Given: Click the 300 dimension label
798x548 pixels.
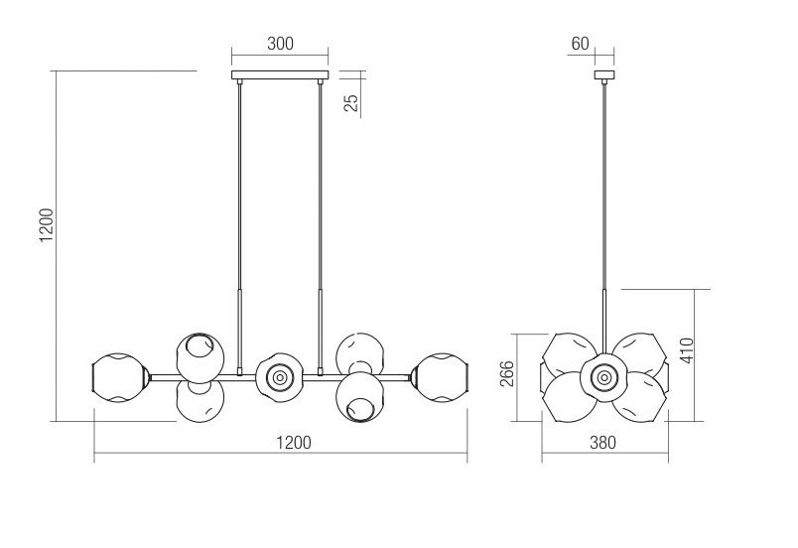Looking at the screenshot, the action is (x=280, y=44).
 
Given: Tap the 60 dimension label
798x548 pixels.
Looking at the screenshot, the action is (x=580, y=44).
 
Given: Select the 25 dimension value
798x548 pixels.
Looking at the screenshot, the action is (x=351, y=103).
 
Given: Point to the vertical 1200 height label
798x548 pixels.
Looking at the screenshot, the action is (x=47, y=225).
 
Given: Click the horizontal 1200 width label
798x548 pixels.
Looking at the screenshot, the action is (x=293, y=443).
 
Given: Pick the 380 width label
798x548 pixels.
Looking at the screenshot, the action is (x=602, y=443).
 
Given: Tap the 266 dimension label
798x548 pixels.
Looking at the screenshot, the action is (x=507, y=374).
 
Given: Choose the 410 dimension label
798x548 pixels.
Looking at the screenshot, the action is (x=687, y=350).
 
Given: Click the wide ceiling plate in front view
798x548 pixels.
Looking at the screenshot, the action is (x=280, y=74).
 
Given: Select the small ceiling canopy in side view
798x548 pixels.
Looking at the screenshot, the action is (x=604, y=74).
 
